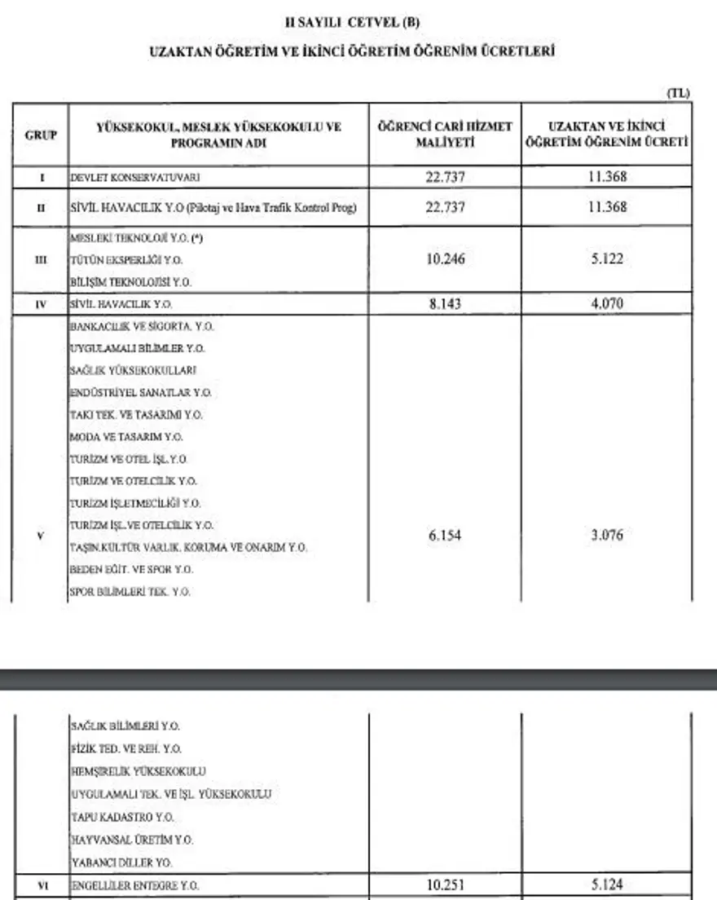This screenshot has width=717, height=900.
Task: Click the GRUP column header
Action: (41, 135)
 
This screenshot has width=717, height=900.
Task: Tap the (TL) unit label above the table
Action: (678, 94)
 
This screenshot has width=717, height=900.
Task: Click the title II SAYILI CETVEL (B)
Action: (358, 23)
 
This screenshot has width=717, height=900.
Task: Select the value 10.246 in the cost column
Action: (445, 260)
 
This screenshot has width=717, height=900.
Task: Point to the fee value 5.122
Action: (608, 260)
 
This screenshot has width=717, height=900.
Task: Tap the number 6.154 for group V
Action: (445, 536)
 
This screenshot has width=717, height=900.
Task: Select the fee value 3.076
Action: (608, 536)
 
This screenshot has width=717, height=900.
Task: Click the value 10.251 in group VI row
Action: (445, 885)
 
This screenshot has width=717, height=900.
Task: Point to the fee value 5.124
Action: (608, 885)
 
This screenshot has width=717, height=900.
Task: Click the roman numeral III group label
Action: (41, 260)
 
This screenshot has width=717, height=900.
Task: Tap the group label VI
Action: (41, 885)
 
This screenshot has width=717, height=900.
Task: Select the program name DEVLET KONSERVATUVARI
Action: (135, 177)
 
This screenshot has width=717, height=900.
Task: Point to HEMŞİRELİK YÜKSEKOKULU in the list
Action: (138, 771)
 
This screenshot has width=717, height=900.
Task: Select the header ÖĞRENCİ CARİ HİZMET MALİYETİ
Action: (445, 135)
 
